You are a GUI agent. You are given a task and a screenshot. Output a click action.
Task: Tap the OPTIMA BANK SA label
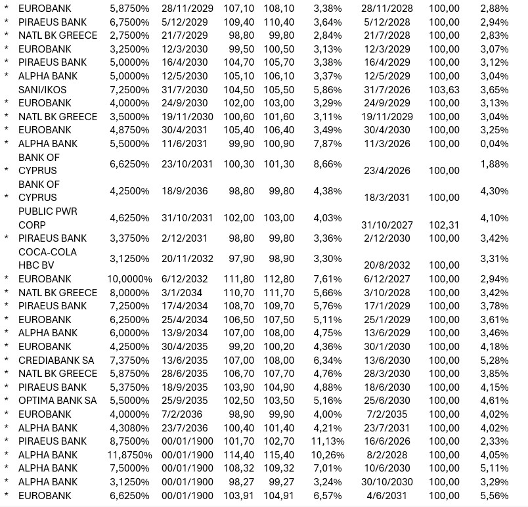57,401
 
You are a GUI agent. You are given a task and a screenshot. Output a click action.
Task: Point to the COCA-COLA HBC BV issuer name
47,259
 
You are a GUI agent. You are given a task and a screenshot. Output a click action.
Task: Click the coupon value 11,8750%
129,455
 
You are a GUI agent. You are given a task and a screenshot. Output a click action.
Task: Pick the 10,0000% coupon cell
129,279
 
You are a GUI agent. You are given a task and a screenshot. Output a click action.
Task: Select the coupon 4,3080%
129,428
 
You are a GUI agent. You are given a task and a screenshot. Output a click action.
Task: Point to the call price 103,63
444,89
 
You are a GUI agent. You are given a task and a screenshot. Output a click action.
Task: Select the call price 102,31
444,225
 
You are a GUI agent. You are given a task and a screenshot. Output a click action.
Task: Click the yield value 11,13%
326,441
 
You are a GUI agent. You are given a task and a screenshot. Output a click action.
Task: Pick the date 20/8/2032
385,265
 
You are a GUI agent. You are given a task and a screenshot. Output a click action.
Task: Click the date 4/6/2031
385,496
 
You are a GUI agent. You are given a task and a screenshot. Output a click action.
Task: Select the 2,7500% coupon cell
129,35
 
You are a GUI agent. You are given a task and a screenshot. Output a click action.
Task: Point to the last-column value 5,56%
494,496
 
